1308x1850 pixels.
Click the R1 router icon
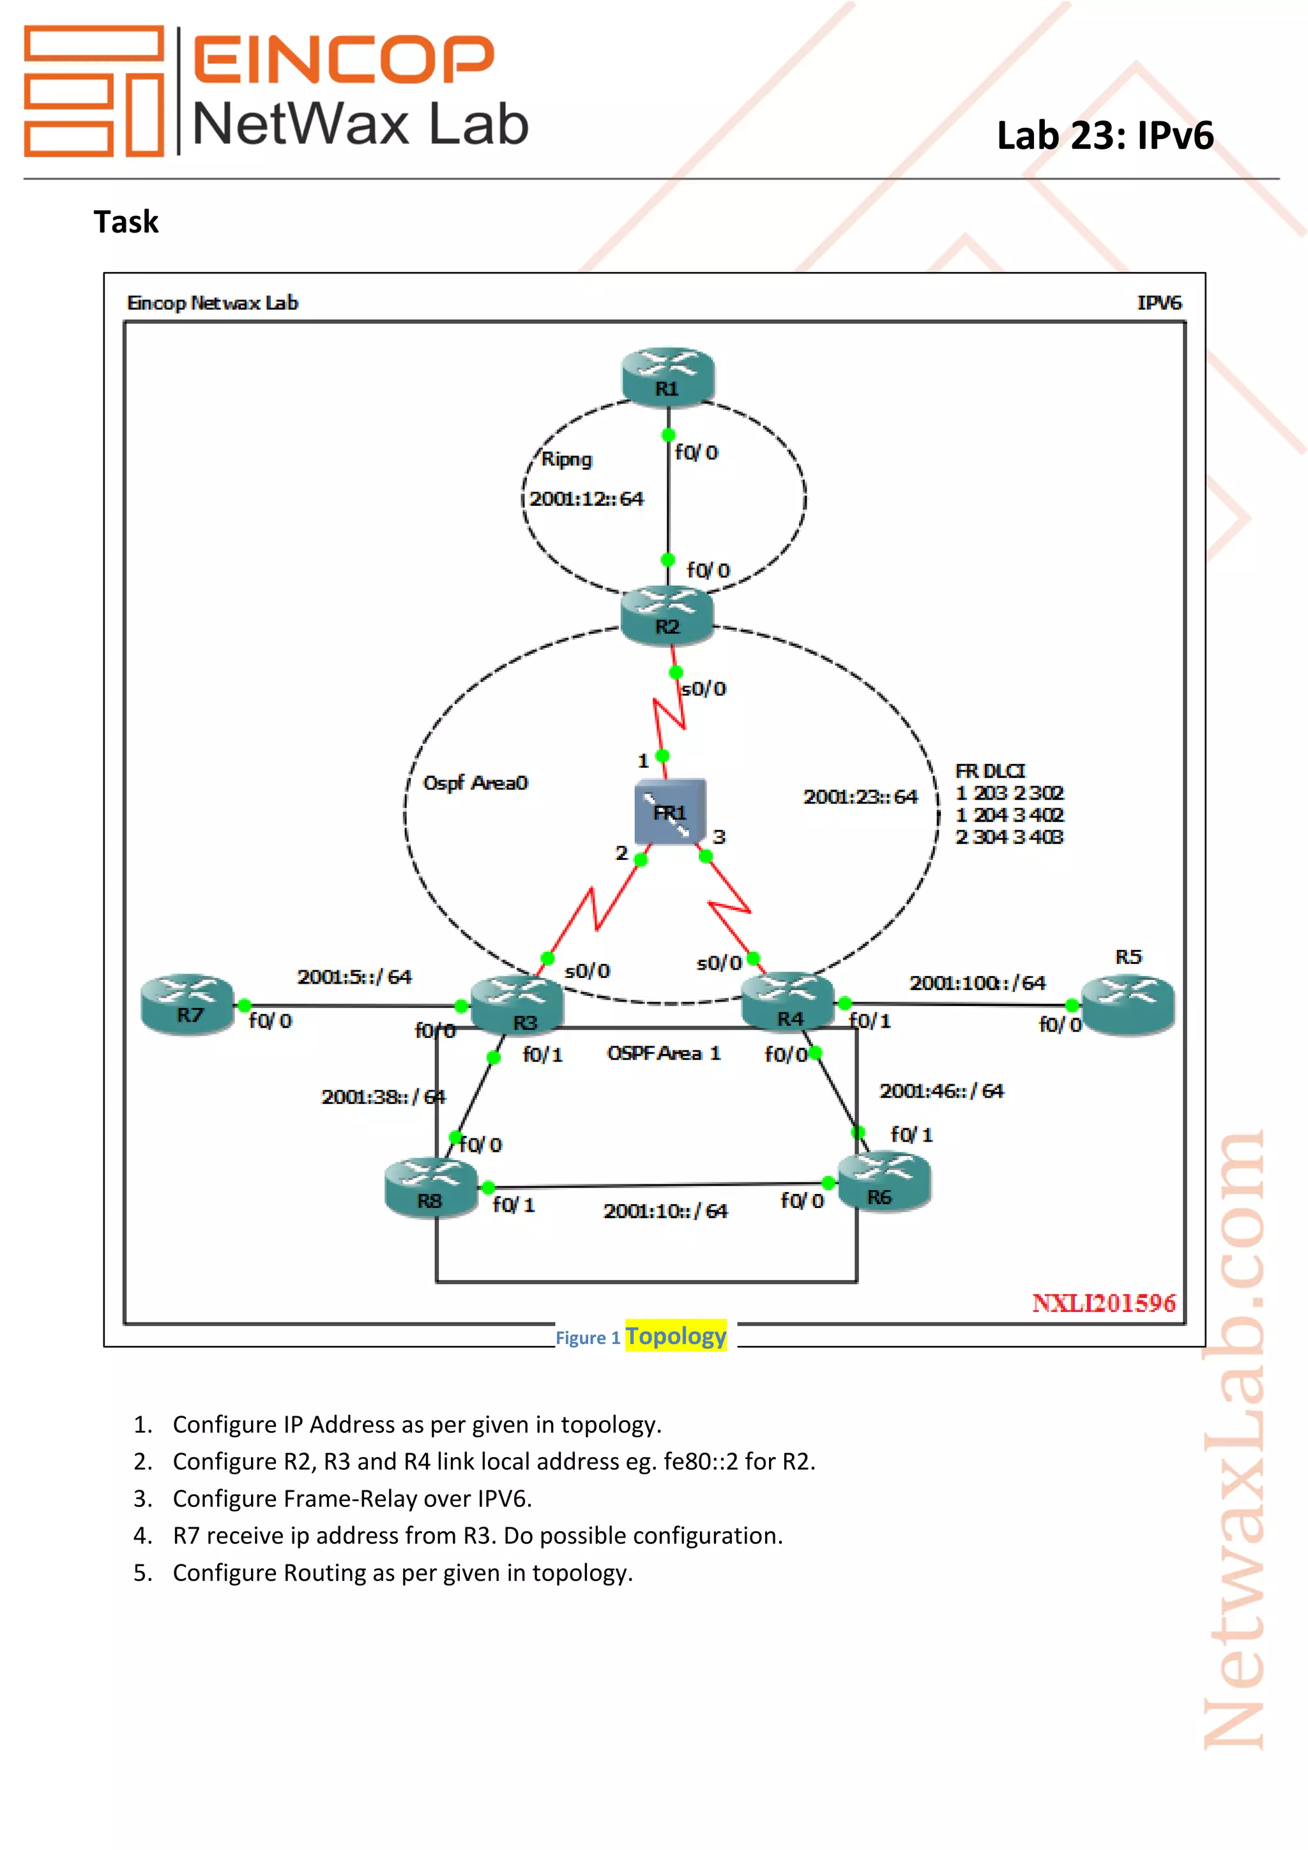point(667,375)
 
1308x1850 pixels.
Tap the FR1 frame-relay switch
point(670,811)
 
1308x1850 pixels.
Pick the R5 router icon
point(1128,1003)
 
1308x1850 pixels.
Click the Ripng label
point(567,459)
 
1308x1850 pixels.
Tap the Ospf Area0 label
point(475,783)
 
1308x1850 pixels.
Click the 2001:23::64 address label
point(860,796)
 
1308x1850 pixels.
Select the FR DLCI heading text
point(990,771)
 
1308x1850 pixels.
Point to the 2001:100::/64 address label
point(977,982)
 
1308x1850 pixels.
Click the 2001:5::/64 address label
point(354,977)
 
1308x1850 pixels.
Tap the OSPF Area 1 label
point(664,1053)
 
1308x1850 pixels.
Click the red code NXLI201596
point(1104,1303)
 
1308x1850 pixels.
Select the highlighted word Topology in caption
point(676,1336)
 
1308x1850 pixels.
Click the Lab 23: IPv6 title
point(1104,135)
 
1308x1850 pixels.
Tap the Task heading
point(126,222)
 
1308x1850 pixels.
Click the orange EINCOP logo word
point(343,59)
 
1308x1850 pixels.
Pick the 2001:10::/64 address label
point(665,1211)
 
